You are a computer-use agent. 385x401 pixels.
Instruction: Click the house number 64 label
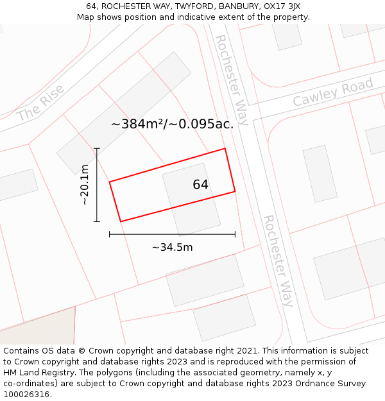200,185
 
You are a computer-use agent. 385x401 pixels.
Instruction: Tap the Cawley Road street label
332,93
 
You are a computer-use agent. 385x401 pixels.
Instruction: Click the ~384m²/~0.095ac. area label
172,124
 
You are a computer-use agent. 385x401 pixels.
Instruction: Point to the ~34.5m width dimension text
172,247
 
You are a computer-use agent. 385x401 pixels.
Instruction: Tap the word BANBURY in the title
239,6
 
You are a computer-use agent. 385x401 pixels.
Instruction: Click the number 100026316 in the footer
25,395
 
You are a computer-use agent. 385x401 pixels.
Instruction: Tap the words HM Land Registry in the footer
38,373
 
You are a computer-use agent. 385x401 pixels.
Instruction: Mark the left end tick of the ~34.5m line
110,234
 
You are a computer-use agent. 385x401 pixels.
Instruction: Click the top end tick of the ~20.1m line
97,149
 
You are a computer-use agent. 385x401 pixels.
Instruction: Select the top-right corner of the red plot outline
225,149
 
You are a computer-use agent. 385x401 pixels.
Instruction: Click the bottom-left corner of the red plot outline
121,221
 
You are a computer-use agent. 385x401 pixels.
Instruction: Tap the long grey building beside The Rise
124,113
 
